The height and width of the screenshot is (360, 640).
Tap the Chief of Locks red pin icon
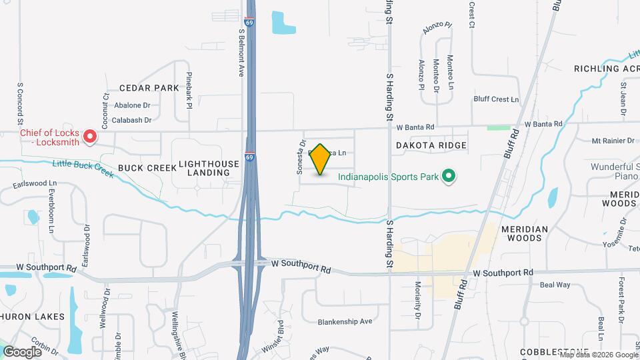(x=90, y=138)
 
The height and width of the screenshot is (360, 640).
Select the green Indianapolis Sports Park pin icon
(x=449, y=177)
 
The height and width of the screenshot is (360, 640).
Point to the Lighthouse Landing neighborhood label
(x=204, y=168)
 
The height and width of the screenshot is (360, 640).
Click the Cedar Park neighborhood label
(x=149, y=88)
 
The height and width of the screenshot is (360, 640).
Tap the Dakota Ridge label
(x=431, y=145)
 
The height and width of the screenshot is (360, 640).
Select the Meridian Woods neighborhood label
(x=525, y=233)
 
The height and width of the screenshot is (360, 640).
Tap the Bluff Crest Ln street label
(x=495, y=99)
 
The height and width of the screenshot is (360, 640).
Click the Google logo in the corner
(x=22, y=351)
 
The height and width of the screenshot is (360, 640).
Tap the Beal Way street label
(x=555, y=285)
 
